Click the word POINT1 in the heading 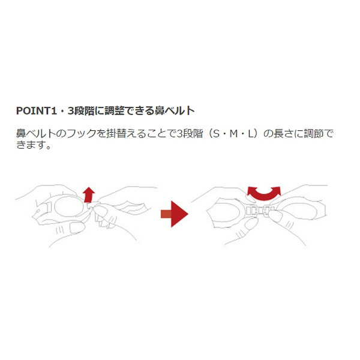point(36,110)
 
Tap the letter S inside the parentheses point(216,134)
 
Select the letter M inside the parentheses point(234,134)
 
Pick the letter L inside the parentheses point(250,134)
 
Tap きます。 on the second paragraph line point(34,145)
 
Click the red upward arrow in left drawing point(89,194)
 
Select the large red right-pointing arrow point(174,214)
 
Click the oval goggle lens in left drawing point(68,206)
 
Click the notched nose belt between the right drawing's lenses point(260,211)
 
